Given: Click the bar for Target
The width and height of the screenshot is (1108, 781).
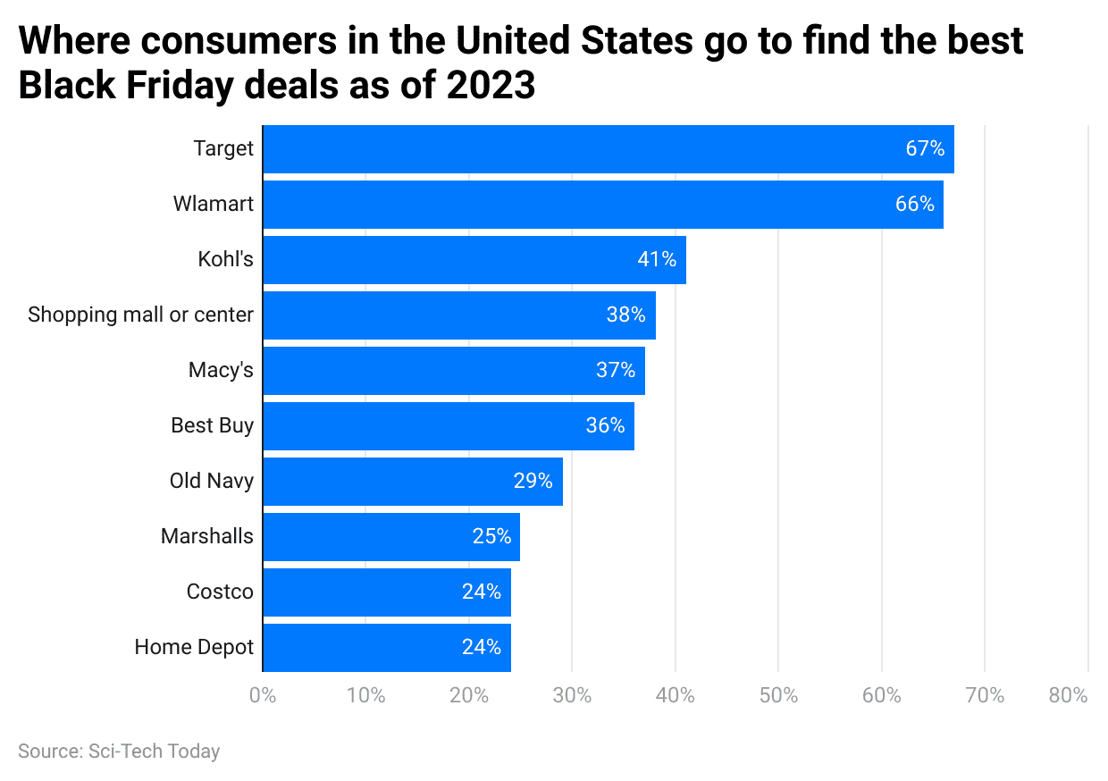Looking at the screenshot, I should [x=608, y=149].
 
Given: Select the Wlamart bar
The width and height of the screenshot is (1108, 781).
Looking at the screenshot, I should [x=602, y=205].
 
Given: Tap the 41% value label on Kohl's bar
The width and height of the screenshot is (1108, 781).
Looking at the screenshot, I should [x=657, y=260].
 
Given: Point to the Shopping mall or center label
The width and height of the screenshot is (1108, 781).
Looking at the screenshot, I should [x=140, y=315].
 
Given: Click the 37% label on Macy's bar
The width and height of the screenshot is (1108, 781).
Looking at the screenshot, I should [x=616, y=370].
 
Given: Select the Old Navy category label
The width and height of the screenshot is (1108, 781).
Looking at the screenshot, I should [x=212, y=481].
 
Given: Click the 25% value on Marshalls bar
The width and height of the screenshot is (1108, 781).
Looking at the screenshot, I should [x=491, y=536].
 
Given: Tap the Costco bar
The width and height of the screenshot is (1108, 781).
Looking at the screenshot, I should [x=387, y=592].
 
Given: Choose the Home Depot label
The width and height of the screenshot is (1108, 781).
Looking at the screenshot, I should [x=194, y=647].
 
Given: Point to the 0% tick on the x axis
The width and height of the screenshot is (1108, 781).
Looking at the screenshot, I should [x=263, y=696].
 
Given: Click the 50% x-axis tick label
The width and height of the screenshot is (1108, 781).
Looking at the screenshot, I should [x=778, y=696].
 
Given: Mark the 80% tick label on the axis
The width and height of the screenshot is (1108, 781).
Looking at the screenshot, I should [x=1068, y=696].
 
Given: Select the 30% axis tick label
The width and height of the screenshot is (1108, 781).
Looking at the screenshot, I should [x=572, y=696].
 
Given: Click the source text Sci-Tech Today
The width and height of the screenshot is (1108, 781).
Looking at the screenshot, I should [x=154, y=752].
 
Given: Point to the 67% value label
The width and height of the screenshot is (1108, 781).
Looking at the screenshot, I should [x=925, y=149].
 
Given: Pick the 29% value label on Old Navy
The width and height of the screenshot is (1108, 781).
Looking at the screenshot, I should [x=533, y=481].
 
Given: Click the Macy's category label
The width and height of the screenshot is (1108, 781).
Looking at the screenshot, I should [x=221, y=370].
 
